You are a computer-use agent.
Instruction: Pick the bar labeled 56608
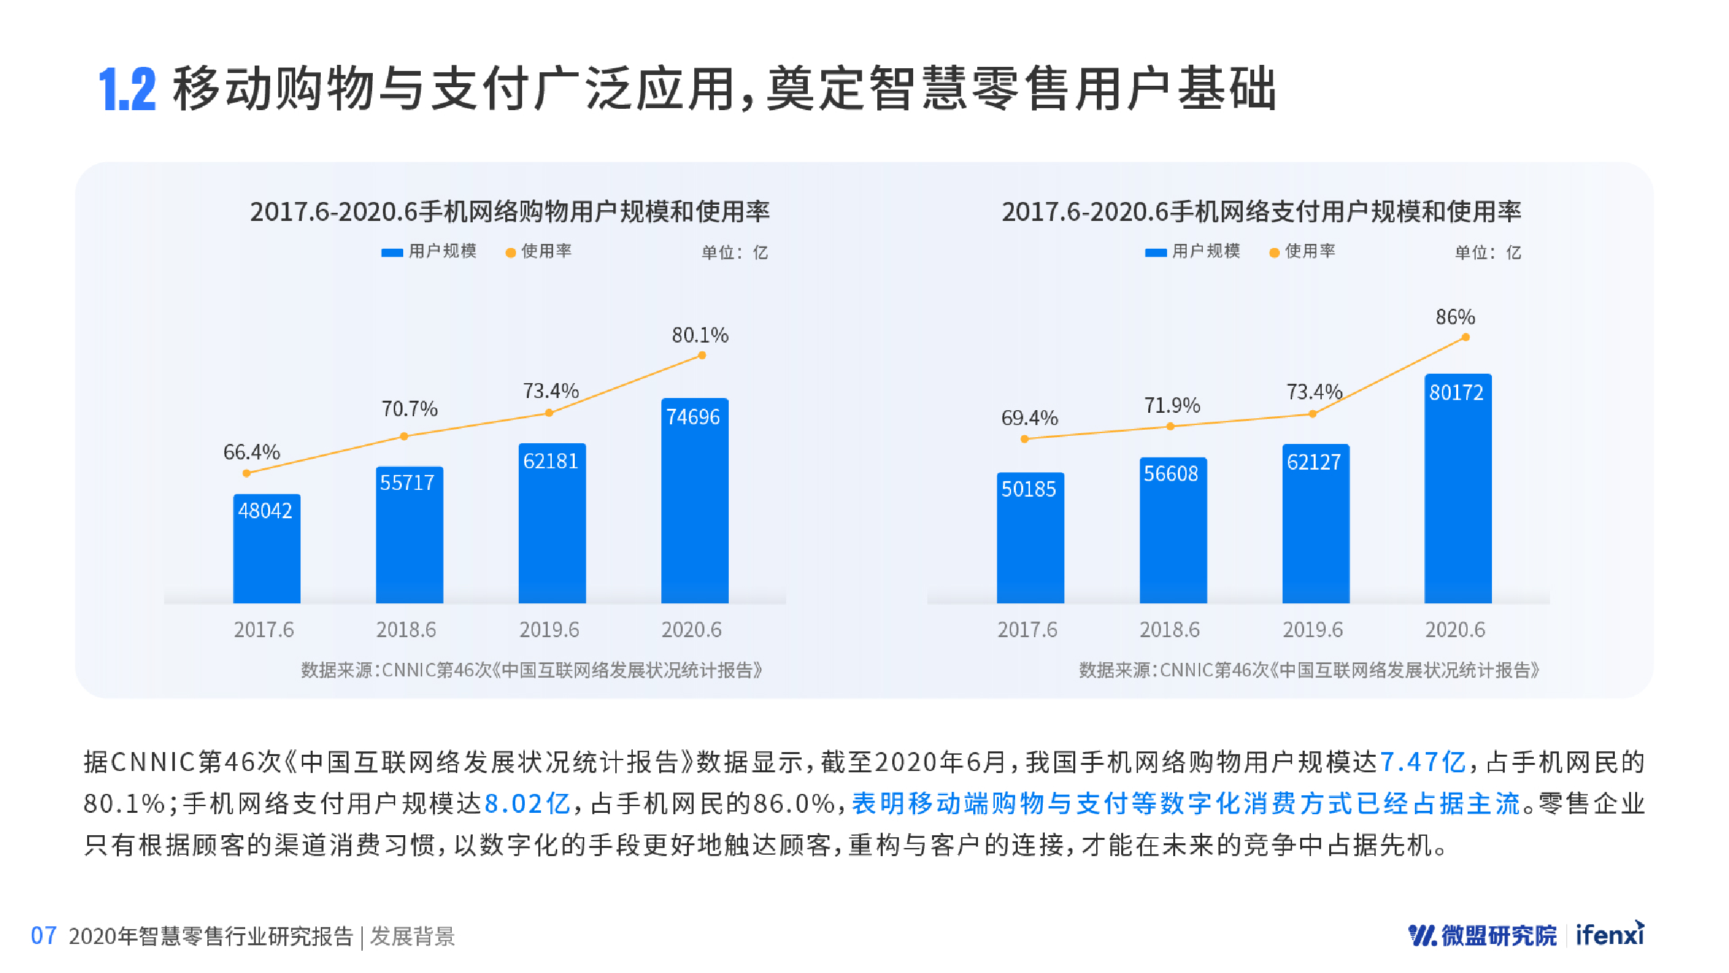1172,530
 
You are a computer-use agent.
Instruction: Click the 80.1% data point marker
702,355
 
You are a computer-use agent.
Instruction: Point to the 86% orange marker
1465,337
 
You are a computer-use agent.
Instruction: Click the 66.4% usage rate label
251,452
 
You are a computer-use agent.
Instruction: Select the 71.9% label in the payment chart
1172,405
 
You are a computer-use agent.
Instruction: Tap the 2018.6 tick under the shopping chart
406,630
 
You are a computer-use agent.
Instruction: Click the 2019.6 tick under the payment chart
1312,630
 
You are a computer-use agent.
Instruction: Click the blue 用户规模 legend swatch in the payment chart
1156,253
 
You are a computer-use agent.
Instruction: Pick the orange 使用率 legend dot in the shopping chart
511,253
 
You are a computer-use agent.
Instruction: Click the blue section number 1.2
127,89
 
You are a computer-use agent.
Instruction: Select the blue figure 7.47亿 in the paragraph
1422,762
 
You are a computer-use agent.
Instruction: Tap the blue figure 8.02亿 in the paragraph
527,803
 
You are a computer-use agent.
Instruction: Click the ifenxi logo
1609,934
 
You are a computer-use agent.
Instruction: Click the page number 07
43,936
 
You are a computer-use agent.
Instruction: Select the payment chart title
1261,211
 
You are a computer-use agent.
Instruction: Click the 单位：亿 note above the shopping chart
734,253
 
